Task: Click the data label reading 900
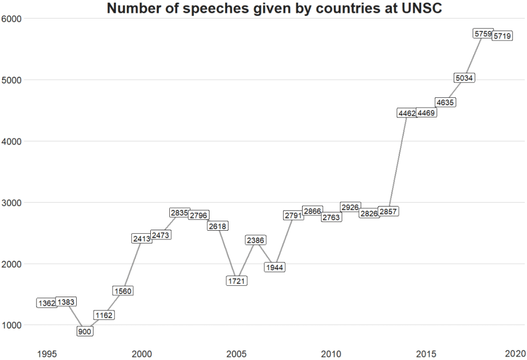pos(85,332)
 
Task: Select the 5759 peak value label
pos(483,33)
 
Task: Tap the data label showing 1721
pos(237,281)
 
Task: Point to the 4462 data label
pos(407,113)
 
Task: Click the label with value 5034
pos(464,78)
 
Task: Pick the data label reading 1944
pos(274,267)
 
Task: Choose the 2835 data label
pos(179,213)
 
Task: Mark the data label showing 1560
pos(122,291)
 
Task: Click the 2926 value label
pos(350,207)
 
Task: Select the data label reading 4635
pos(445,102)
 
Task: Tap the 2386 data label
pos(256,240)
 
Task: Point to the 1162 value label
pos(103,315)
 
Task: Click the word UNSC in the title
pos(424,8)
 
